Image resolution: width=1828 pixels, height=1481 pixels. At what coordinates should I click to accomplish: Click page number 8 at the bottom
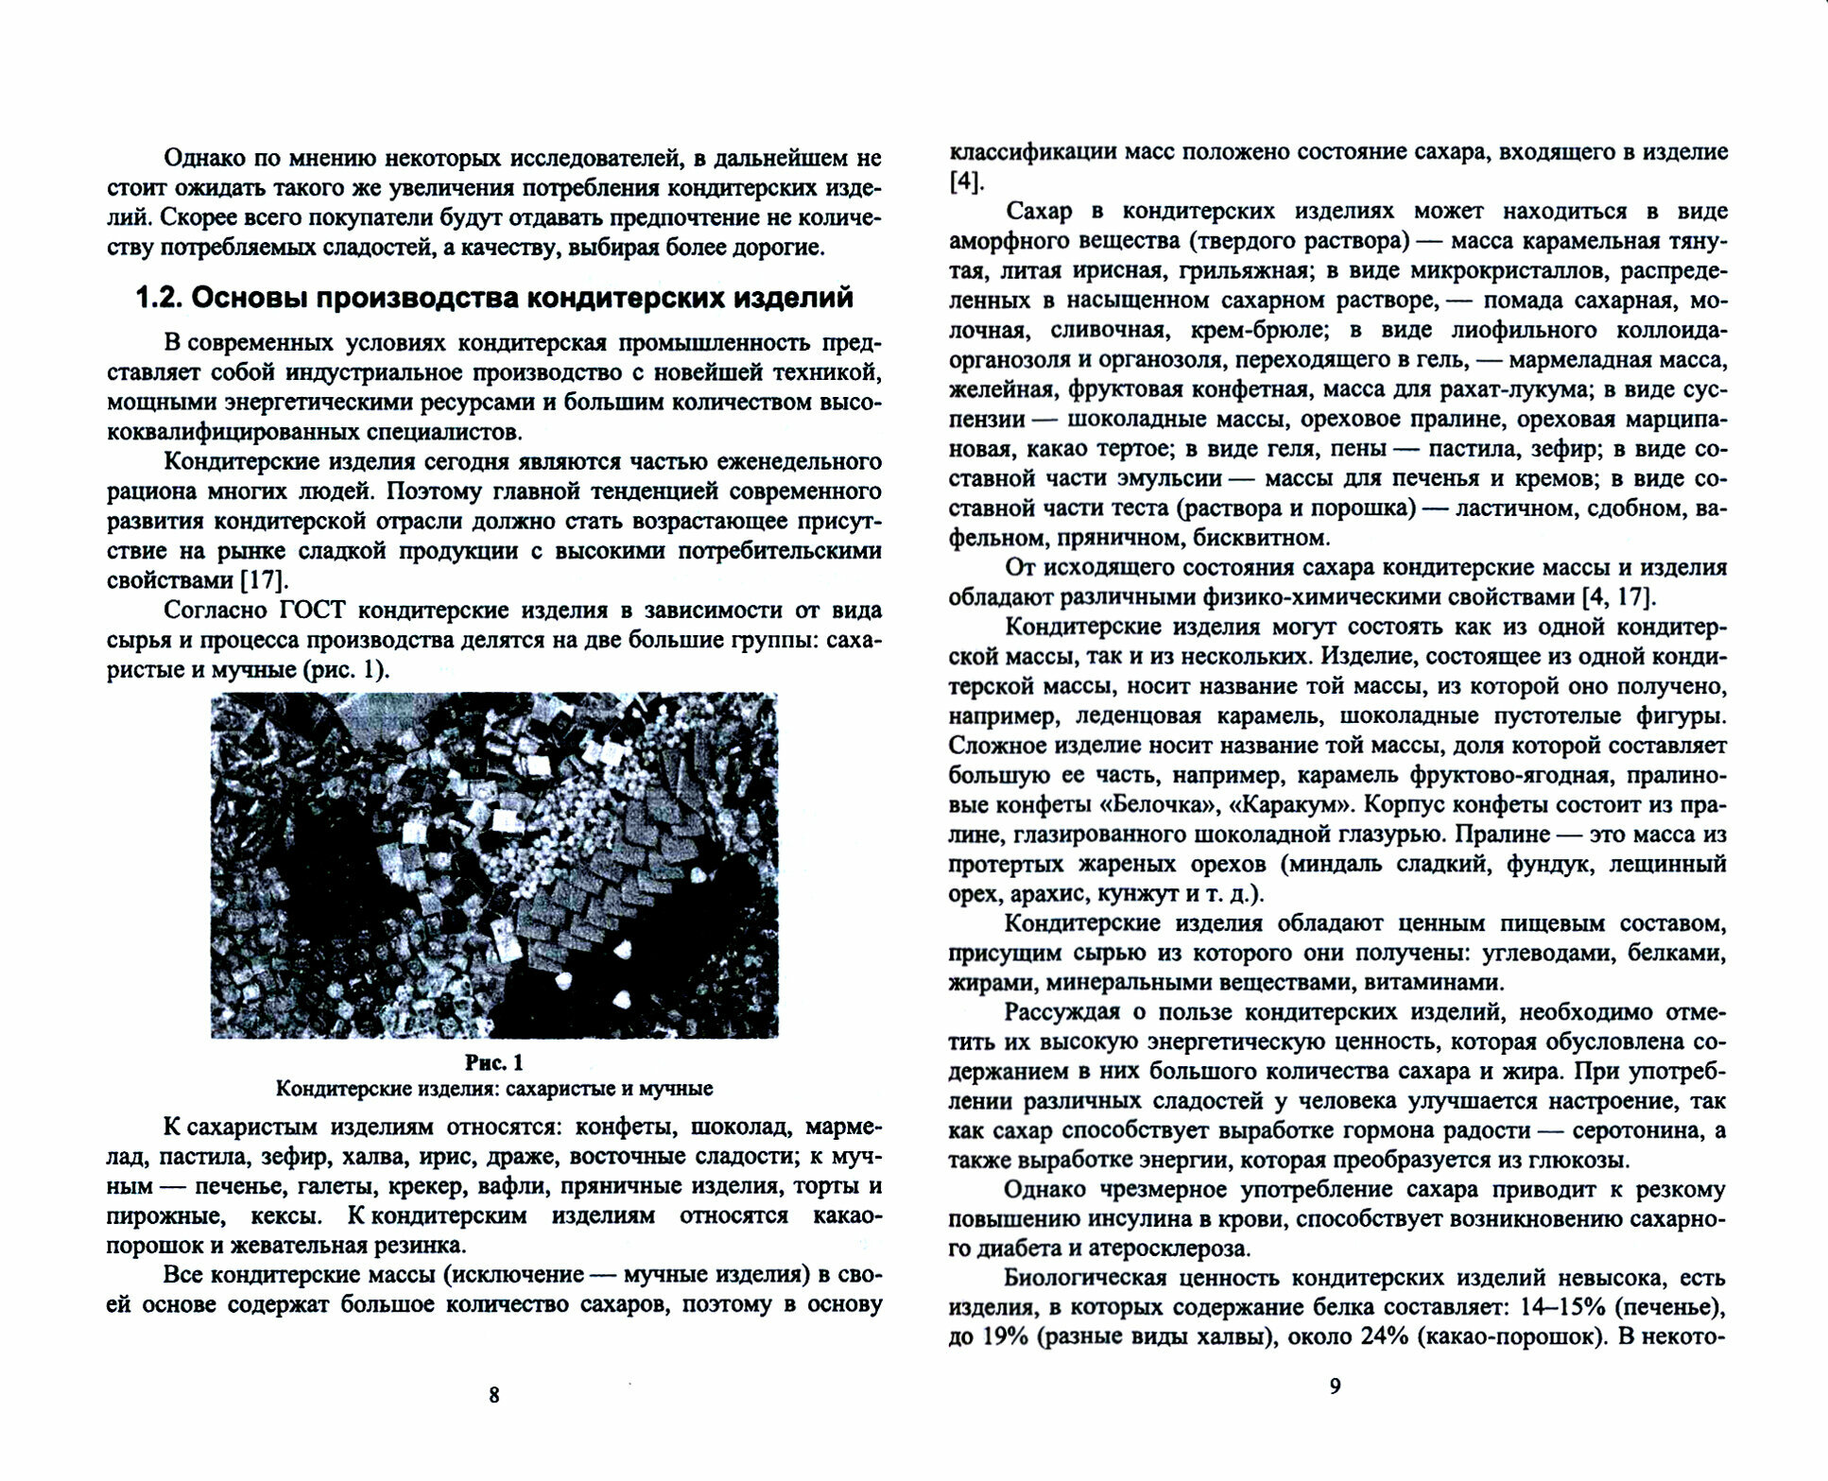coord(493,1394)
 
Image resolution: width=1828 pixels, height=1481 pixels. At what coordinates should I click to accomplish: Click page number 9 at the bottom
coord(1335,1386)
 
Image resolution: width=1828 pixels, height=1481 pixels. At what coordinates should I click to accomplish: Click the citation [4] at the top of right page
coord(966,181)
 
